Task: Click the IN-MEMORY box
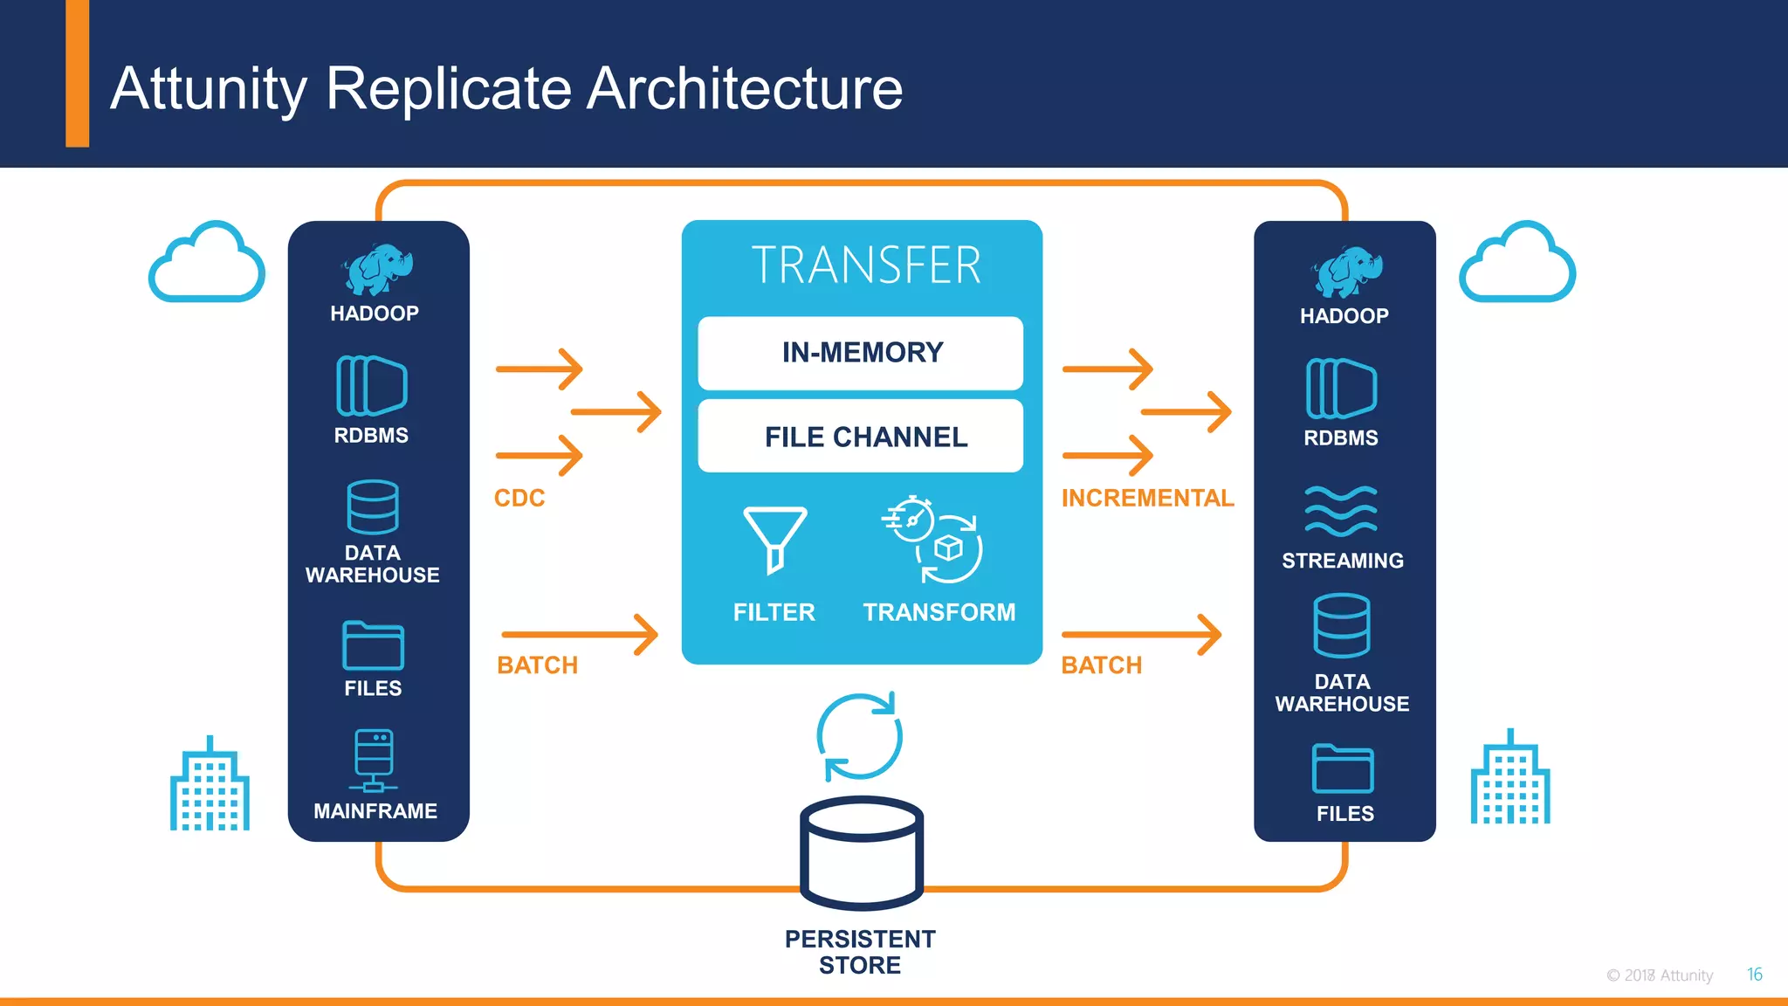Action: [x=860, y=353]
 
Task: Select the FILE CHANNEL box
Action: [x=860, y=436]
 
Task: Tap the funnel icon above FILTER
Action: [x=774, y=538]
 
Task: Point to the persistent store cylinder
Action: [x=862, y=853]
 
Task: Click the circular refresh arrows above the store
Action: [x=860, y=736]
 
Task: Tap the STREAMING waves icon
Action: [x=1340, y=511]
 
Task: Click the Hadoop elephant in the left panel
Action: [x=376, y=269]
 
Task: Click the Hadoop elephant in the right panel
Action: [x=1346, y=272]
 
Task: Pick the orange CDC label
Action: [x=519, y=498]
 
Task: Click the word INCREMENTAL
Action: [x=1147, y=498]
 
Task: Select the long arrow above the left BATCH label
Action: [x=580, y=634]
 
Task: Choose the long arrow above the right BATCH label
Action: [x=1141, y=634]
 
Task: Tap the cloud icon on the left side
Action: [x=207, y=264]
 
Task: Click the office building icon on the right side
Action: [x=1509, y=779]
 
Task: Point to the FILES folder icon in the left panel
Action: [x=373, y=645]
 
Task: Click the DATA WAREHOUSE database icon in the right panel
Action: [x=1342, y=625]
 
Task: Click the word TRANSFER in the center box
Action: [x=865, y=265]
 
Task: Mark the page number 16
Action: [x=1754, y=974]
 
